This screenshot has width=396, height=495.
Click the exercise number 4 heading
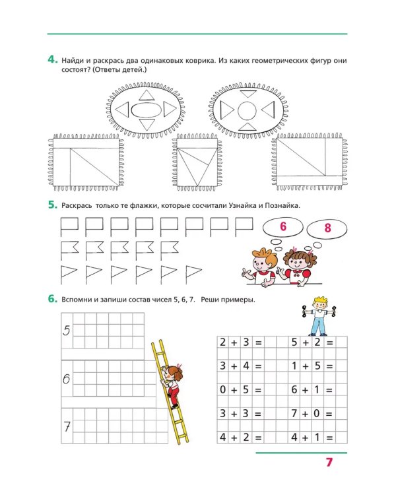click(x=53, y=59)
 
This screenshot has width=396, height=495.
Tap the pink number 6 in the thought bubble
click(x=283, y=226)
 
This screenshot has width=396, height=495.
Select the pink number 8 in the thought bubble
click(x=327, y=228)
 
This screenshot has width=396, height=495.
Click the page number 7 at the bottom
click(x=329, y=462)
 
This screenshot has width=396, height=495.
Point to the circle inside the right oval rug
click(x=247, y=111)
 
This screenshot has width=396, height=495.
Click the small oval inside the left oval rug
click(x=147, y=110)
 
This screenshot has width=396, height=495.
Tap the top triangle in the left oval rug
click(x=147, y=95)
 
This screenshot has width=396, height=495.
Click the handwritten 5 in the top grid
click(x=66, y=331)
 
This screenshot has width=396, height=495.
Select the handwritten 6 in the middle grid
click(x=66, y=379)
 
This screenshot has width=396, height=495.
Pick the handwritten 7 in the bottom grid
click(x=67, y=427)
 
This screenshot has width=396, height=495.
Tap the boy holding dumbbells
click(x=319, y=316)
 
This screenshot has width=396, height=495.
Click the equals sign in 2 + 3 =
click(x=258, y=343)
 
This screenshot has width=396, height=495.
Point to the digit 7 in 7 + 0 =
click(x=294, y=413)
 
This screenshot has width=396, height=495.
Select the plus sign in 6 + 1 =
click(x=305, y=390)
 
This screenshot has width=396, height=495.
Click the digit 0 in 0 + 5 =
click(x=223, y=389)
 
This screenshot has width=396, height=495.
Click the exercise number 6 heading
click(x=53, y=298)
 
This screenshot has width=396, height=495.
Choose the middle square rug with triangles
click(x=197, y=162)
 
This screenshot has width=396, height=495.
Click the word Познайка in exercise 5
click(x=282, y=205)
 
